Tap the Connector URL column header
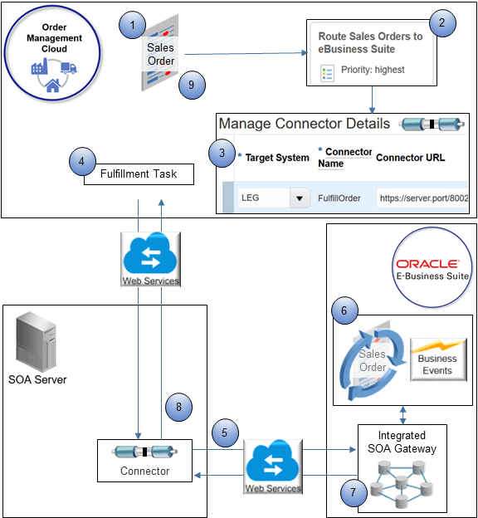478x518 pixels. click(410, 157)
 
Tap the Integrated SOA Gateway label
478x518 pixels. click(401, 441)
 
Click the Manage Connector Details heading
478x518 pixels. click(304, 124)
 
